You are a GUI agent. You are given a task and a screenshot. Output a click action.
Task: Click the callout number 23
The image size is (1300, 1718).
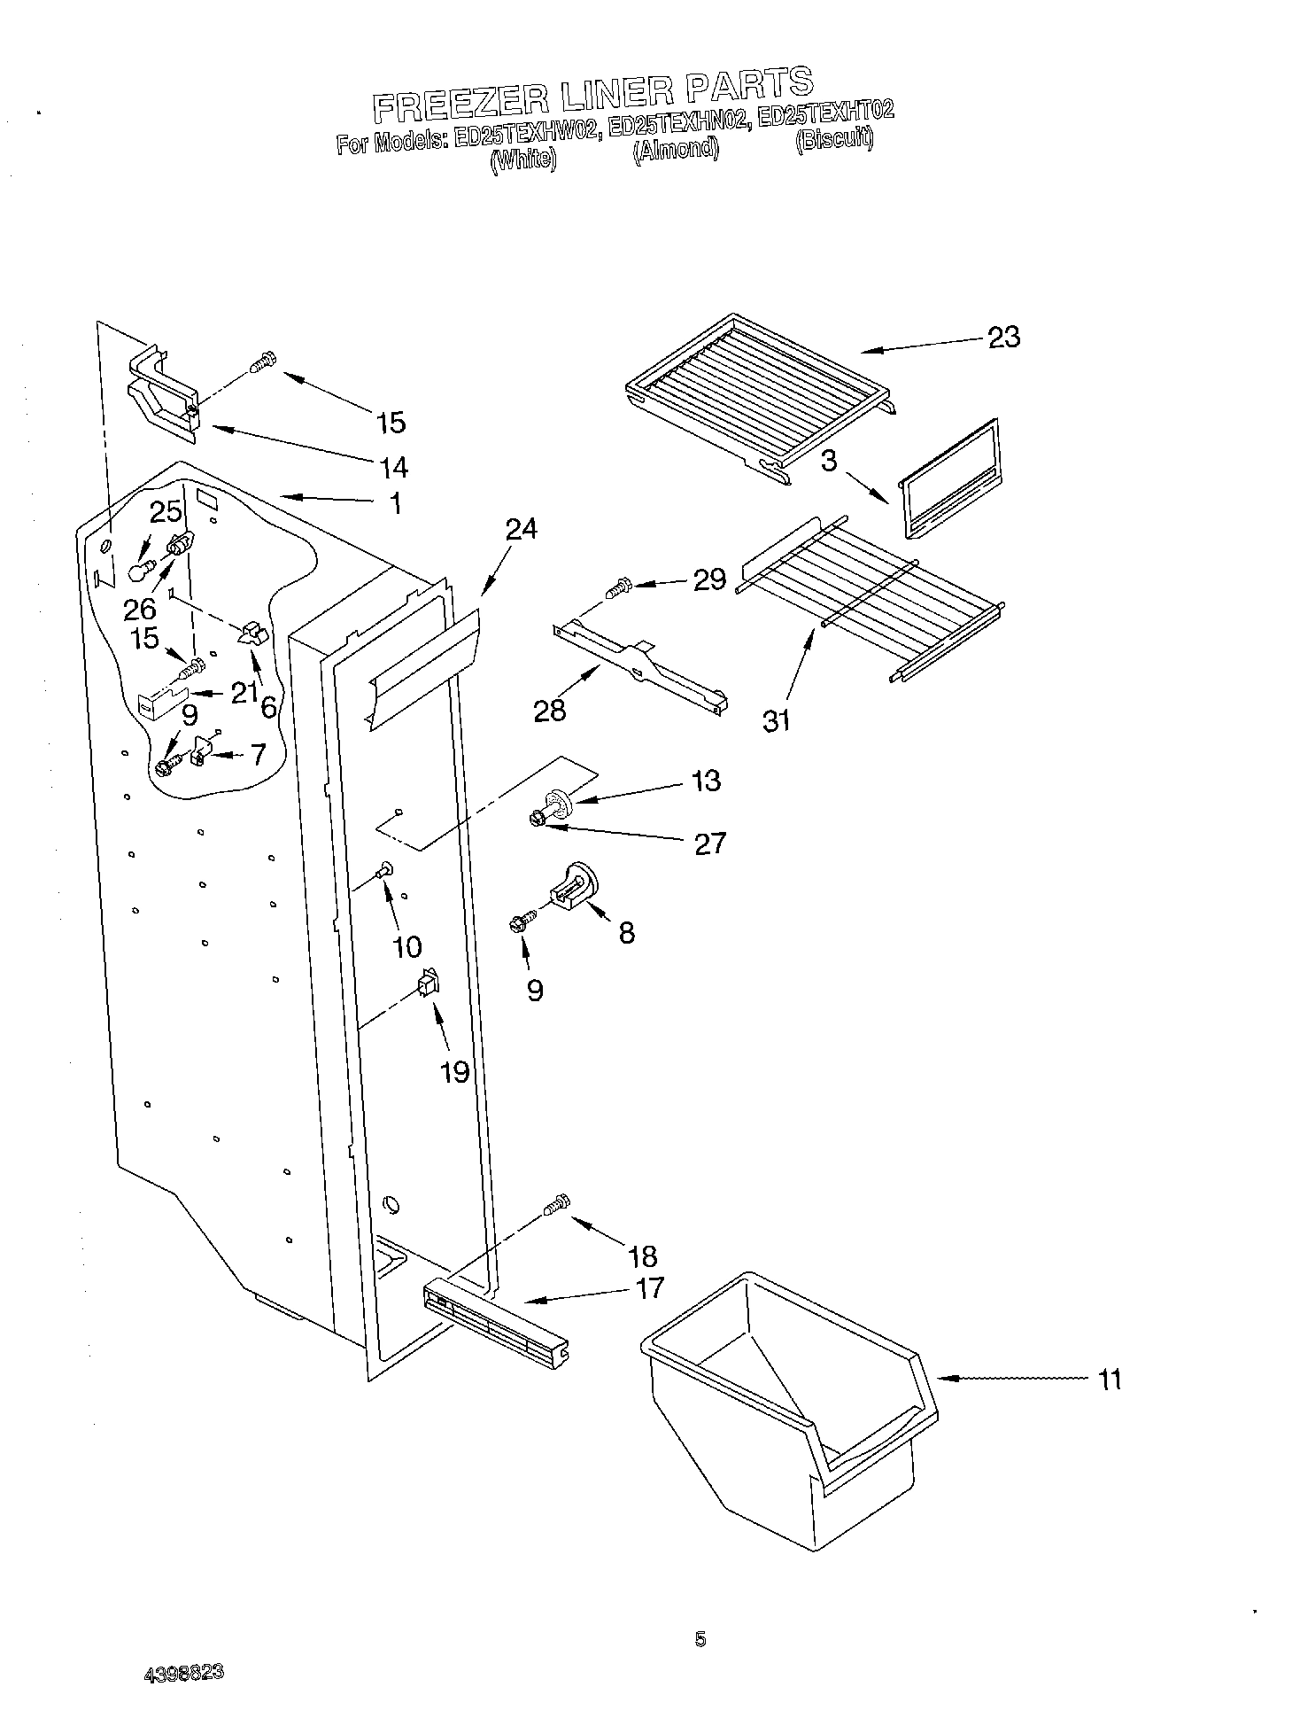click(x=1003, y=338)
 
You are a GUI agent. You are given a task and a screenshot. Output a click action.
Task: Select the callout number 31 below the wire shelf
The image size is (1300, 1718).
click(x=776, y=720)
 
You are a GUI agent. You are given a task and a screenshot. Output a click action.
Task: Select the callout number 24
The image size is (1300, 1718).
click(x=522, y=529)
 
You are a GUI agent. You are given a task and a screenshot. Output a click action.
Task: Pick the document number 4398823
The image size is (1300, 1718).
click(x=183, y=1673)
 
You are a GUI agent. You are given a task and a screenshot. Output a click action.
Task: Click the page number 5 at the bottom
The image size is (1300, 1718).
click(x=700, y=1640)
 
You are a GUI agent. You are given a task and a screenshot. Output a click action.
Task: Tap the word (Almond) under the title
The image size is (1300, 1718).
click(x=675, y=148)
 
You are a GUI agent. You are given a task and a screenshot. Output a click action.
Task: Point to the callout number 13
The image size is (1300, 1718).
click(x=706, y=781)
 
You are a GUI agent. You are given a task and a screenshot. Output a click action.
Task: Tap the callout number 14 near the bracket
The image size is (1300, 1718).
click(x=392, y=466)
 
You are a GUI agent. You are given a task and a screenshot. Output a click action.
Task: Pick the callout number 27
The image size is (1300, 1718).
click(x=709, y=843)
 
